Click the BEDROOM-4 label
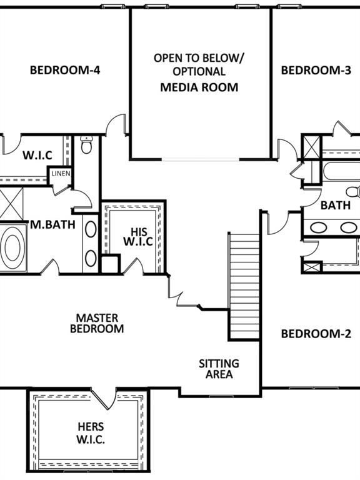[x=65, y=71]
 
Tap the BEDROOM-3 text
[x=316, y=71]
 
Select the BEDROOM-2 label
[x=316, y=334]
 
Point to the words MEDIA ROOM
[x=199, y=87]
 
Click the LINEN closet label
[x=61, y=174]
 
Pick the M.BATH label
[x=52, y=224]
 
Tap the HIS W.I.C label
[x=138, y=237]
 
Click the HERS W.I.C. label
[x=91, y=433]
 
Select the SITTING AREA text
[x=219, y=369]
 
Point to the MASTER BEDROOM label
[x=97, y=323]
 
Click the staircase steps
[x=244, y=286]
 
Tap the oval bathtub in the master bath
[x=12, y=247]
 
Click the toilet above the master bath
[x=87, y=145]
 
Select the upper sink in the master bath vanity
[x=91, y=229]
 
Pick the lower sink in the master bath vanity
[x=91, y=258]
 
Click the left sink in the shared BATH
[x=319, y=227]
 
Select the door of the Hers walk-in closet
[x=104, y=399]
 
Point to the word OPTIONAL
[x=199, y=72]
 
